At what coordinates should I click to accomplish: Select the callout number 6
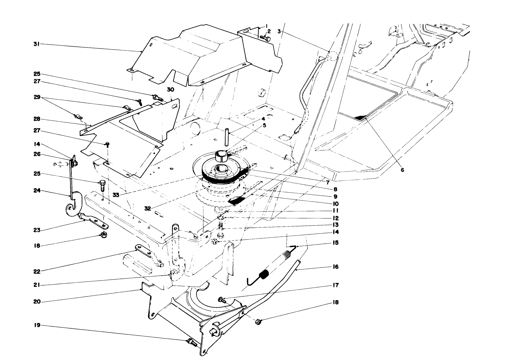point(402,170)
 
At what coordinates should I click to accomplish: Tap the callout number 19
point(37,325)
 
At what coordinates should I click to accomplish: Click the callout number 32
point(148,208)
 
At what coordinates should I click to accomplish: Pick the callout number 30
point(170,90)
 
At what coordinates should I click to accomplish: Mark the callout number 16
point(336,267)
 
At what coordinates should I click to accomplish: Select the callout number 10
point(336,204)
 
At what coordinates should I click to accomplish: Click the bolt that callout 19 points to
point(192,342)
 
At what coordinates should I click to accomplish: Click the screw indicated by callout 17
point(221,300)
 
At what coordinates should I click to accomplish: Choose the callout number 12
point(336,218)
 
